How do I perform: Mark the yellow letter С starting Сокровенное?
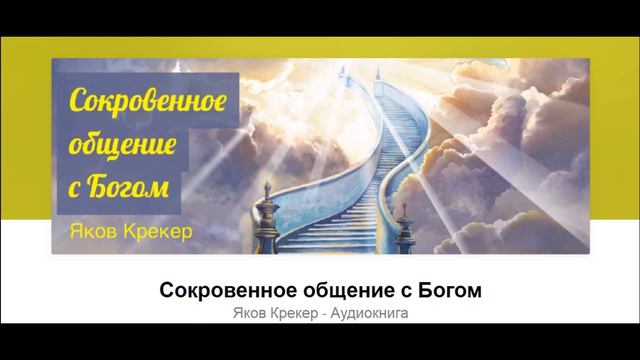75,104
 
